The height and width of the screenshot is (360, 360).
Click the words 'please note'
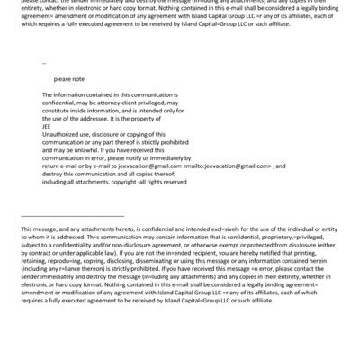coord(68,79)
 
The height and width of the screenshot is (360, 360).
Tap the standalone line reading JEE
coord(47,126)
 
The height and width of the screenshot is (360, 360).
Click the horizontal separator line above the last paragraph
coord(72,215)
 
